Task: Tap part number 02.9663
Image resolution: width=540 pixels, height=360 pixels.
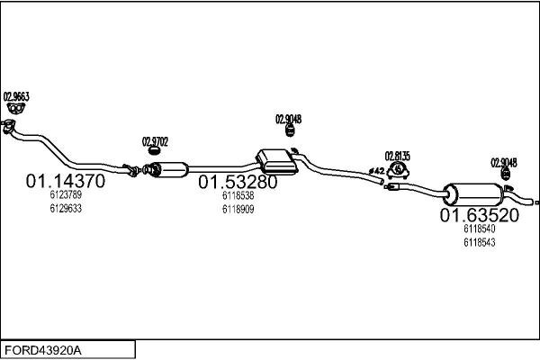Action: pos(16,96)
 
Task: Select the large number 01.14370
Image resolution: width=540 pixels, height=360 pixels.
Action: pos(66,180)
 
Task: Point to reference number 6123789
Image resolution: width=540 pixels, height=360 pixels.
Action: pos(66,194)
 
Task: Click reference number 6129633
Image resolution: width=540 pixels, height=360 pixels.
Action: pos(66,208)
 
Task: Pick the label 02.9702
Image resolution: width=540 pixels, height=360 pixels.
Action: pos(155,140)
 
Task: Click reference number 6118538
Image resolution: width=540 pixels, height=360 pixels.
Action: pos(238,194)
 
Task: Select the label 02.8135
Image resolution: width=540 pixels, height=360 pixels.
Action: pos(397,155)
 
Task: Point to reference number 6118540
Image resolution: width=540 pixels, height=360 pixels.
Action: pos(479,229)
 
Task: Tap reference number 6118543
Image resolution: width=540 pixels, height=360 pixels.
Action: pos(479,243)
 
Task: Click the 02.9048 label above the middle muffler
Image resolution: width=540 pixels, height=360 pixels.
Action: pos(288,119)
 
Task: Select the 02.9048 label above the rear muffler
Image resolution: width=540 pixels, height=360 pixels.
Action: pos(503,163)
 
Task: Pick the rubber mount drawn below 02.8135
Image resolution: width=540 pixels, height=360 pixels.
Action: pos(397,170)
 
